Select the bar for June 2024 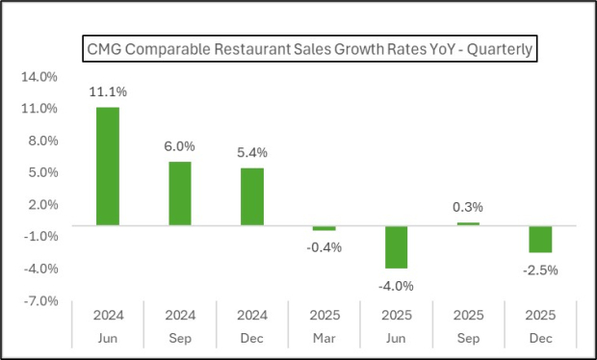108,166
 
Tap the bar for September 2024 180,193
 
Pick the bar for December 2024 252,196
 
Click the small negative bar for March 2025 324,228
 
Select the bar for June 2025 397,246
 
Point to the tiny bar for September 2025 469,224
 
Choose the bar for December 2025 540,239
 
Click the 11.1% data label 108,92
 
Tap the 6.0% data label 180,146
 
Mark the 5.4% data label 252,153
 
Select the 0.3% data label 469,207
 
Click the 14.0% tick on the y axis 39,77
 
